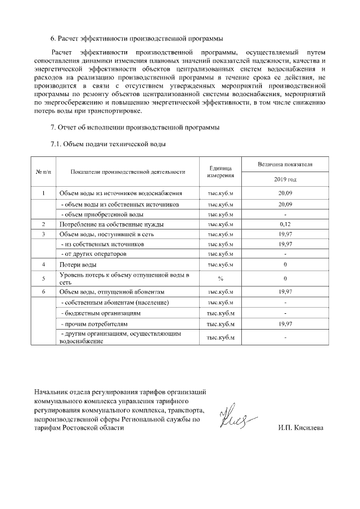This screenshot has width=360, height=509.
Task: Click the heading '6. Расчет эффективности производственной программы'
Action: point(137,39)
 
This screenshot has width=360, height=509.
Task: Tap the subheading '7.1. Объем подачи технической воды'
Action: point(108,145)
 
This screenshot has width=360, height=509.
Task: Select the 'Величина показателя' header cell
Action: point(285,164)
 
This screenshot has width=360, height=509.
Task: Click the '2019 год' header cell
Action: point(285,179)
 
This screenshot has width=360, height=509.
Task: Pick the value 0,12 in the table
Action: point(285,224)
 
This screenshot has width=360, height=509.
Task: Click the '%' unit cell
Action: point(220,278)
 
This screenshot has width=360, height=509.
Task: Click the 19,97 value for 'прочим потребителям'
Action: point(285,325)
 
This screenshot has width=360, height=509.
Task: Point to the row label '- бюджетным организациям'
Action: point(100,313)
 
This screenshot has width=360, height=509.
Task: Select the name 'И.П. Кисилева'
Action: point(300,427)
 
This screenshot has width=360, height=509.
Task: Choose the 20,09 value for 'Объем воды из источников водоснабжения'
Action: point(285,193)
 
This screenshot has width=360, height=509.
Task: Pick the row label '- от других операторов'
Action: point(93,254)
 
